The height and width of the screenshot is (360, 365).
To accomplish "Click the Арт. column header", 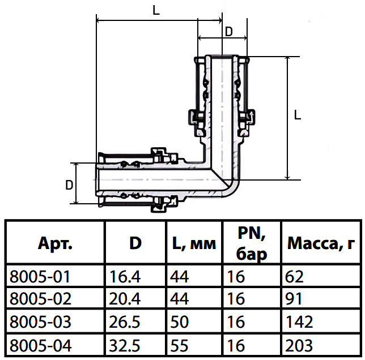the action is click(x=55, y=243).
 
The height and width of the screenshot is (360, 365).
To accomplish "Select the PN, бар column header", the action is click(x=252, y=243).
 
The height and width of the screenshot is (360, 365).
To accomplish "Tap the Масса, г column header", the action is click(x=321, y=243).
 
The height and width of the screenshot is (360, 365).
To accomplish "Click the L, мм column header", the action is click(x=194, y=243).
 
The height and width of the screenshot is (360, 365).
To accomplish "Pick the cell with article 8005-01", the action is click(x=40, y=277).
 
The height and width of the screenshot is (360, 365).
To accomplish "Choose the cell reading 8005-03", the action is click(x=40, y=322).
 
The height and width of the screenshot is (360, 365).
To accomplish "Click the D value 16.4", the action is click(x=125, y=277).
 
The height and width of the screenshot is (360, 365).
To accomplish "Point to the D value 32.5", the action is click(x=125, y=346).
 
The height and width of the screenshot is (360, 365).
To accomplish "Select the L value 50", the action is click(x=179, y=322).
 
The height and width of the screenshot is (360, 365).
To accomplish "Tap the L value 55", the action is click(x=179, y=346).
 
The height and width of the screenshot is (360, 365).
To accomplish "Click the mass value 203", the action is click(x=299, y=346).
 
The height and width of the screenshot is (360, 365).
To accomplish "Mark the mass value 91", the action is click(x=294, y=299).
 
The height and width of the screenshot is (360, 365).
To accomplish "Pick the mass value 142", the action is click(x=299, y=322).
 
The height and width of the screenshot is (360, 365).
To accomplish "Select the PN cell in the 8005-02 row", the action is click(x=236, y=299).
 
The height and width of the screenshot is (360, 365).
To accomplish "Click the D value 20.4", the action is click(x=125, y=299).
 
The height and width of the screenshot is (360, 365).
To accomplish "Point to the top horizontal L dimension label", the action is click(x=156, y=10).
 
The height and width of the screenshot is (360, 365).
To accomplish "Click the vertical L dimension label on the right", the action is click(x=298, y=115).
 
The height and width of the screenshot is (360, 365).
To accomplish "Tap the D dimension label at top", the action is click(x=229, y=32).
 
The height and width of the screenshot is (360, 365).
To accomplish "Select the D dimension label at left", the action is click(x=69, y=185).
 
